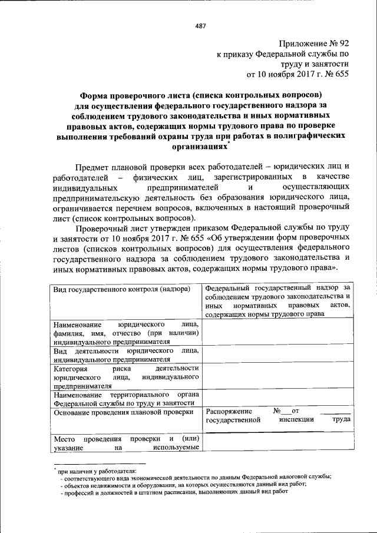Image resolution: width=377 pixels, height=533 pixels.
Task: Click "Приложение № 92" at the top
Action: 315,43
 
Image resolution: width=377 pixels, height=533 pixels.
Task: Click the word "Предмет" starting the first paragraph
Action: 93,169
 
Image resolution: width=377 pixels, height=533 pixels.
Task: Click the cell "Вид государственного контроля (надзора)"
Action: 124,289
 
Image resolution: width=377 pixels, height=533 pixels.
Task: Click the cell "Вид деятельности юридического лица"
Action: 125,355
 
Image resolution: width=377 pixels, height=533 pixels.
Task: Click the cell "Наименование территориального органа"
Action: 125,399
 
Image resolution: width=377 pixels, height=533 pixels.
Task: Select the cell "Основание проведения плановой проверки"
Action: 124,412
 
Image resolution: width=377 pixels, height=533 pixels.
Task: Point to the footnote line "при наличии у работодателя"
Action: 97,471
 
